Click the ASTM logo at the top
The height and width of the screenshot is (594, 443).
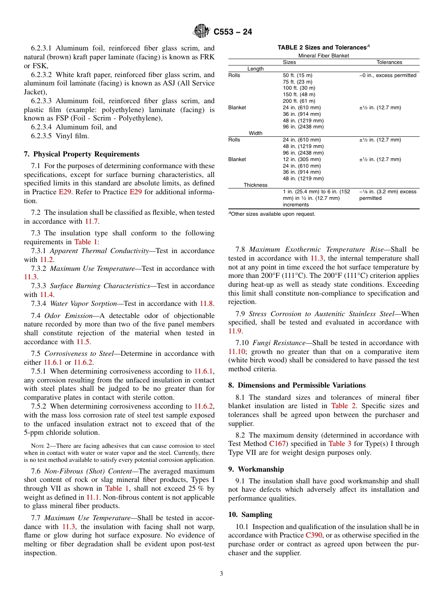tap(202, 32)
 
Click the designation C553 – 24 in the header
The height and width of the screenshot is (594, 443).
tap(233, 32)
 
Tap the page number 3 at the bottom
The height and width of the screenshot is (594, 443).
tap(221, 574)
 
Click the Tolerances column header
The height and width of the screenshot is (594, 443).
tap(389, 62)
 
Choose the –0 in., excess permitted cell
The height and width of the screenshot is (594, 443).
tap(388, 75)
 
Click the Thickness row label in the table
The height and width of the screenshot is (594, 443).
tap(255, 185)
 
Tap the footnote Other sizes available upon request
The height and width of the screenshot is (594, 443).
tap(273, 214)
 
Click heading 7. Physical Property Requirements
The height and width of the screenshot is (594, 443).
tap(82, 154)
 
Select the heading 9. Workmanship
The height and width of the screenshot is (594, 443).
tap(256, 469)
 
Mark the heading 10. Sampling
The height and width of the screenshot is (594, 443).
tap(250, 515)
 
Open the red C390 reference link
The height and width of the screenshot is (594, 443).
tap(313, 536)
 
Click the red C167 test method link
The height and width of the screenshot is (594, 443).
tap(277, 444)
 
